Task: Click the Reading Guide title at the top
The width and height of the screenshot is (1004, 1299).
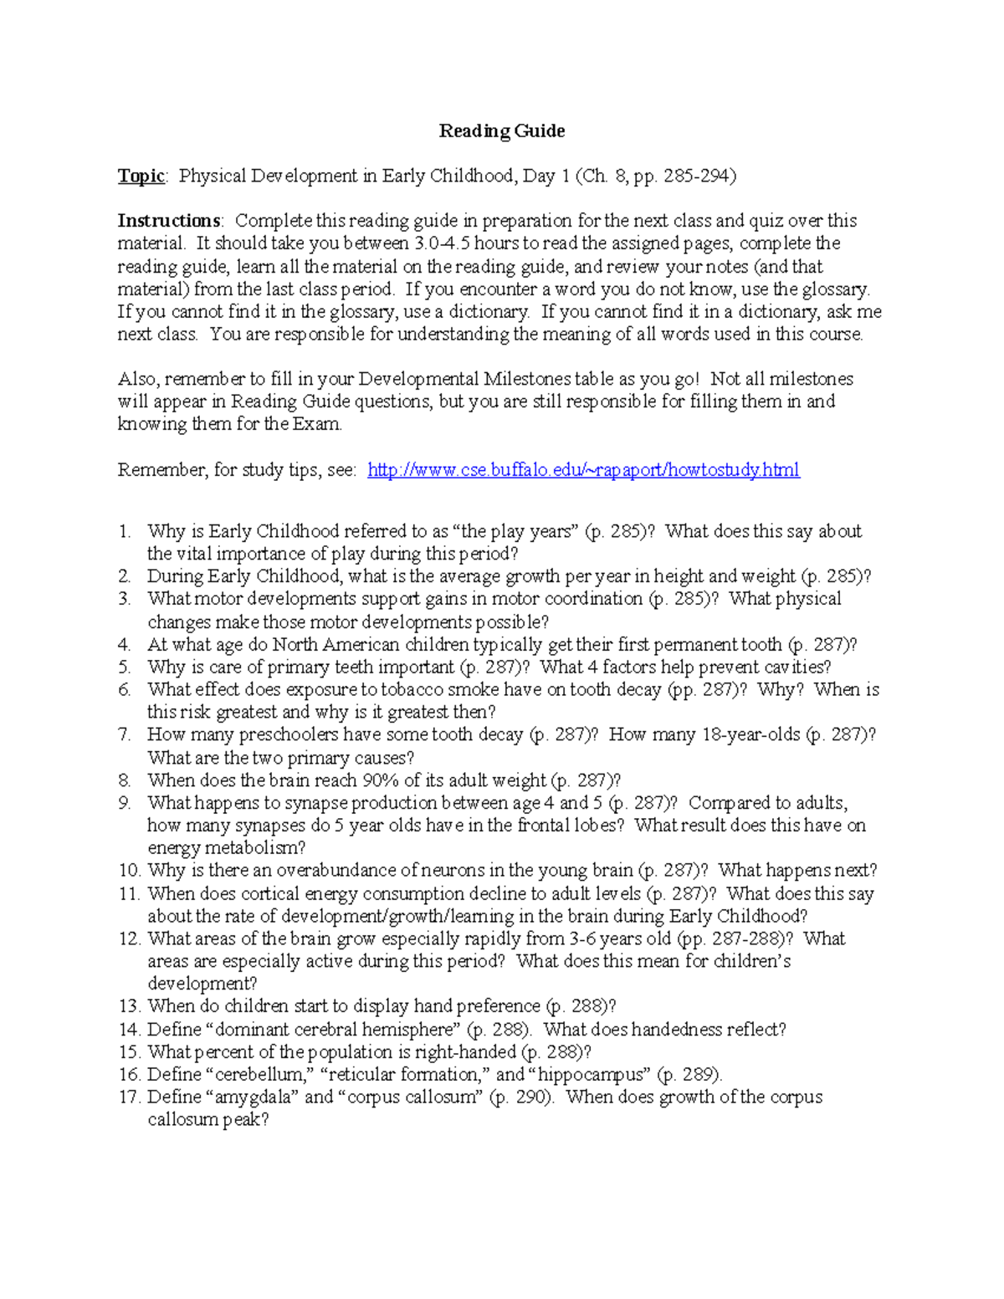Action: tap(502, 130)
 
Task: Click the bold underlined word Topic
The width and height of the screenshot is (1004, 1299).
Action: tap(141, 176)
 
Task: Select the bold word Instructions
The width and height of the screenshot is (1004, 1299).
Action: tap(169, 221)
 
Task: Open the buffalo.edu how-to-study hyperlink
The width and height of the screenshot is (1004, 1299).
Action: tap(583, 470)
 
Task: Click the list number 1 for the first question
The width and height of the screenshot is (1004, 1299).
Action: tap(125, 531)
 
